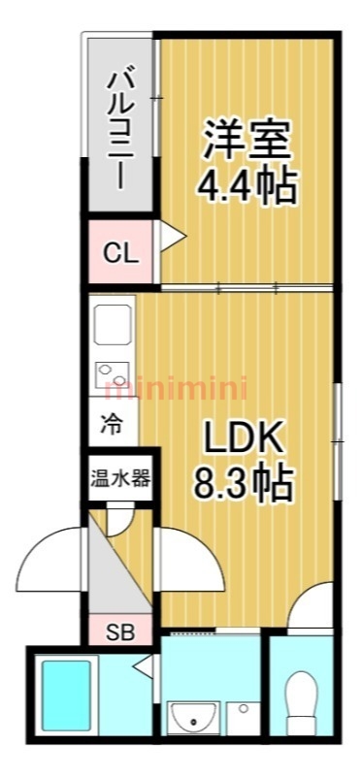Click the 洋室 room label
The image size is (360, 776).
pos(245,140)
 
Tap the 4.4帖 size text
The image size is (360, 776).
pos(246,186)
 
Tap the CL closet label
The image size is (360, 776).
pos(120,255)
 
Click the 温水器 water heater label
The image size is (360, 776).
pos(119,478)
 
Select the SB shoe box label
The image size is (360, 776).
pos(120,633)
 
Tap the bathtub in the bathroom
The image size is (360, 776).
pos(66,695)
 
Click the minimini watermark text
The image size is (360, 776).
pos(177,389)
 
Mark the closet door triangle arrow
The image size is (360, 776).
pos(173,237)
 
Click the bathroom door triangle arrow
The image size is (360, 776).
pos(144,665)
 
